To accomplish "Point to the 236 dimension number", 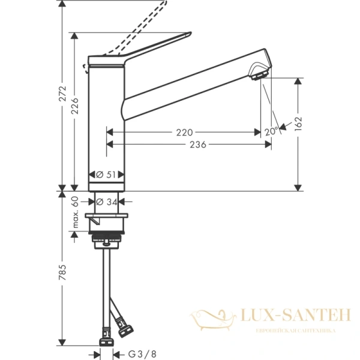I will (x=198, y=145).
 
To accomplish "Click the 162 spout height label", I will (x=299, y=123).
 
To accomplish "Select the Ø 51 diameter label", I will (x=106, y=175).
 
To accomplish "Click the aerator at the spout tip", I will (x=259, y=74).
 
